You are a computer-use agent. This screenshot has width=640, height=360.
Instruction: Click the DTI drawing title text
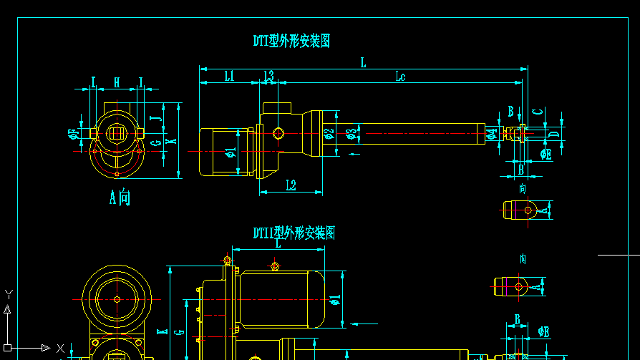[291, 41]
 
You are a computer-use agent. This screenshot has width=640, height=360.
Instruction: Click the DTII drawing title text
[294, 233]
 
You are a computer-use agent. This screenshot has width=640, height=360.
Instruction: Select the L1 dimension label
[229, 76]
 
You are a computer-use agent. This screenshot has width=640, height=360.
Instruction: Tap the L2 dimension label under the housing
[291, 185]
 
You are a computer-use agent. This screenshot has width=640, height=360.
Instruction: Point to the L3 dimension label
[268, 75]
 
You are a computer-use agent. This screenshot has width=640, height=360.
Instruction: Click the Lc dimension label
[400, 76]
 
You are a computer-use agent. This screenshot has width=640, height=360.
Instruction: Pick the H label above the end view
[117, 82]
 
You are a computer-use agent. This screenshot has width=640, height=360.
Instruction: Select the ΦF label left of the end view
[74, 133]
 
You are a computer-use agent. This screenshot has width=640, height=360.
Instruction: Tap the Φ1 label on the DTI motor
[231, 152]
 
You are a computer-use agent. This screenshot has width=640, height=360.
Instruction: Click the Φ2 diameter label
[329, 133]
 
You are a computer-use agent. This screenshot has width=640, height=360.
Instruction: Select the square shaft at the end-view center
[117, 133]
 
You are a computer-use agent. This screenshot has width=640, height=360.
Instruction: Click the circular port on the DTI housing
[278, 133]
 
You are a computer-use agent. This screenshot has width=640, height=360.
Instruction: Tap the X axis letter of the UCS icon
[61, 349]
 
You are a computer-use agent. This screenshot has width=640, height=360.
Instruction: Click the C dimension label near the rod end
[538, 112]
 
